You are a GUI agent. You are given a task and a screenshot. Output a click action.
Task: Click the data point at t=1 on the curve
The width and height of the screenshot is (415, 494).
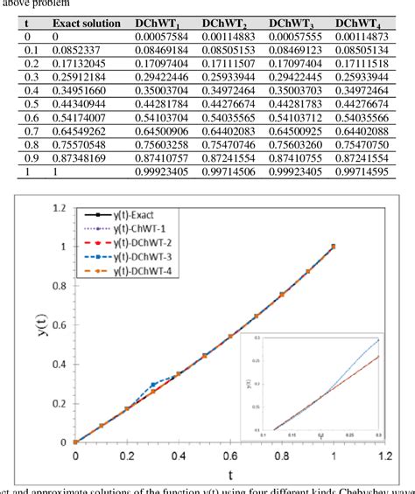pyautogui.click(x=334, y=247)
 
